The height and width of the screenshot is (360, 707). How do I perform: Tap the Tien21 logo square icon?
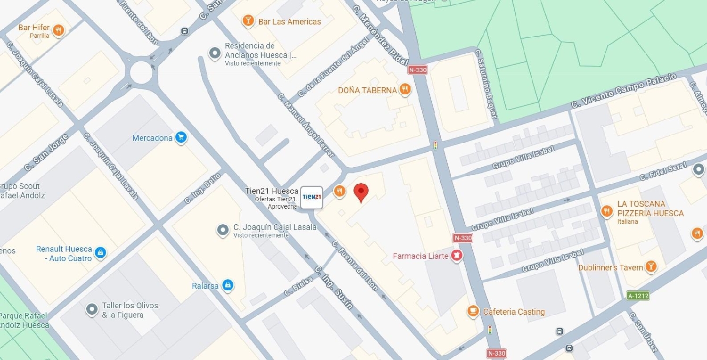point(312,197)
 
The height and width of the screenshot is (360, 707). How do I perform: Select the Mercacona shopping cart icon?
point(181,138)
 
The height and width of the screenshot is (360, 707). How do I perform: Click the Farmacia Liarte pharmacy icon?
point(456,256)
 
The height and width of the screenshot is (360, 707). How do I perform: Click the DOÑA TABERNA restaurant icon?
point(404,90)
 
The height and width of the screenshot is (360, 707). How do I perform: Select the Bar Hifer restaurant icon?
point(58,31)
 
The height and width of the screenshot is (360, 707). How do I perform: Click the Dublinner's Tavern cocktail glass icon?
point(651,267)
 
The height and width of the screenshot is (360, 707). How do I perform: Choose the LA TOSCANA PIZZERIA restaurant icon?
point(607,211)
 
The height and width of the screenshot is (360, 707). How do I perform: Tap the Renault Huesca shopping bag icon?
point(100,253)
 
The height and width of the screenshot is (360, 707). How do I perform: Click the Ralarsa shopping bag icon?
point(228,285)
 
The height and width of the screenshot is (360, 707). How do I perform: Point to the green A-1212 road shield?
point(638,296)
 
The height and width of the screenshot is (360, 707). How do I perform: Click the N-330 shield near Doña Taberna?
point(418,70)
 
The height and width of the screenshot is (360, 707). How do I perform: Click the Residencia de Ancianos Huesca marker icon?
point(215,53)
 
